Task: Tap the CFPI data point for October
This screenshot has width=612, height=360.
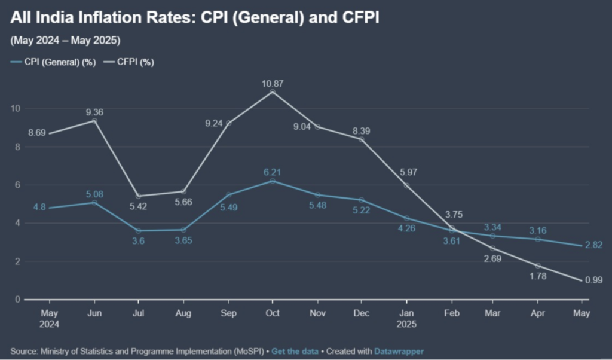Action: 273,92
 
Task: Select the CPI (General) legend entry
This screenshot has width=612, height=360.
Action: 54,62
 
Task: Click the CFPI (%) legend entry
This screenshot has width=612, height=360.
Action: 129,62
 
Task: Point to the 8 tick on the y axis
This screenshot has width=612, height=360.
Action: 17,147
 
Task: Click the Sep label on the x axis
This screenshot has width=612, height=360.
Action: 228,313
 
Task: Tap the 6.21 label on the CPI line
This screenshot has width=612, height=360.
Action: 273,171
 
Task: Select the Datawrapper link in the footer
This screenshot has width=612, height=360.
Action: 399,351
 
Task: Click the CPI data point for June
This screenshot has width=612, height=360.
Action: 94,203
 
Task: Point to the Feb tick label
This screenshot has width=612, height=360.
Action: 452,313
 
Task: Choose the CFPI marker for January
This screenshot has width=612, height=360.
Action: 407,185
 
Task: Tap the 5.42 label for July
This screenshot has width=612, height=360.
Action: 138,208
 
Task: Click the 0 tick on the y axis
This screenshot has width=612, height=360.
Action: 18,300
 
